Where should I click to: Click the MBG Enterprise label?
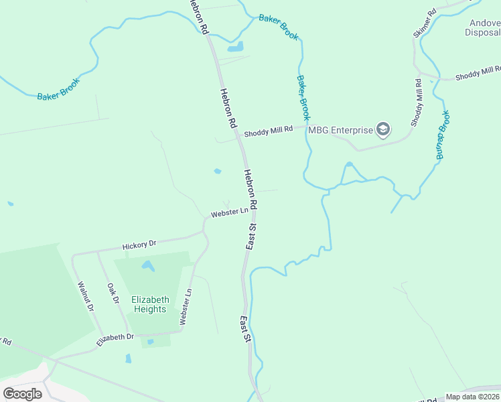click(340, 129)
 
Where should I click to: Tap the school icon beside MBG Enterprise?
click(382, 129)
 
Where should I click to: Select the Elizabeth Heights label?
click(149, 304)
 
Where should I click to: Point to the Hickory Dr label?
click(139, 246)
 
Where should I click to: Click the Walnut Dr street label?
click(85, 295)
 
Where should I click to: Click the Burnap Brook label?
click(443, 135)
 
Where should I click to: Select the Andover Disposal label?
click(483, 27)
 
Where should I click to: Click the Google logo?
click(22, 393)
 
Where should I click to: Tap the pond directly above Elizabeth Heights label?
click(148, 267)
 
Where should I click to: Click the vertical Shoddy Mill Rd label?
click(417, 103)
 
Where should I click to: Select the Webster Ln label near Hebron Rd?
click(229, 212)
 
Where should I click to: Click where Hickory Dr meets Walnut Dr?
click(73, 255)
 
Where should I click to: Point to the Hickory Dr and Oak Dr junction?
click(98, 252)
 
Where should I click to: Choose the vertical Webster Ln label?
click(186, 307)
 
